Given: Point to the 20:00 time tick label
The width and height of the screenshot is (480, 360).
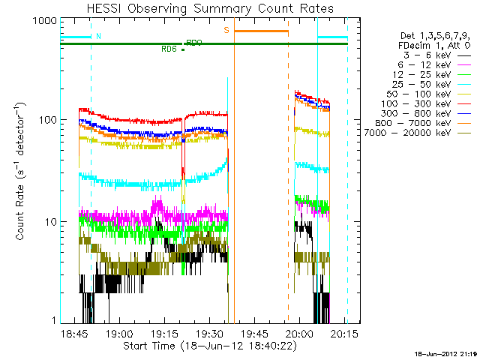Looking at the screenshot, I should (300, 334).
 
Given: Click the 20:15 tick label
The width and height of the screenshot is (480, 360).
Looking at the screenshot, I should (345, 334).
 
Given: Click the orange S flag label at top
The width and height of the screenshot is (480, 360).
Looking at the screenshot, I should (226, 30).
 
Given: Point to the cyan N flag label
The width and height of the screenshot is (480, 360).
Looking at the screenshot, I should (98, 36).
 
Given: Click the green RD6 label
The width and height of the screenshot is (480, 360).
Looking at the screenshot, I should (169, 49).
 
